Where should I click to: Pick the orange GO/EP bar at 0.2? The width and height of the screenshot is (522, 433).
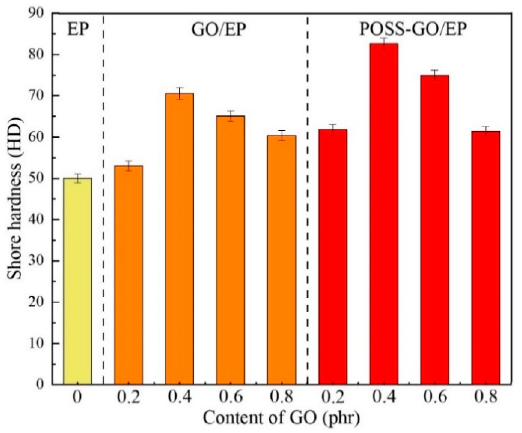(x=128, y=275)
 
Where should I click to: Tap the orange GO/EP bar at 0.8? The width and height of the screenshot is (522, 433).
(x=282, y=260)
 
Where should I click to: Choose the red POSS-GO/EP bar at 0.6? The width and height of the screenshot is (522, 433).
(x=435, y=230)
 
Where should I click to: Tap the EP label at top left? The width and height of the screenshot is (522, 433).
(x=78, y=30)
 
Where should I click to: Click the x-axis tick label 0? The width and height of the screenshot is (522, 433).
(x=77, y=398)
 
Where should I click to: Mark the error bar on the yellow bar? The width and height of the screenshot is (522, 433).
(x=78, y=178)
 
